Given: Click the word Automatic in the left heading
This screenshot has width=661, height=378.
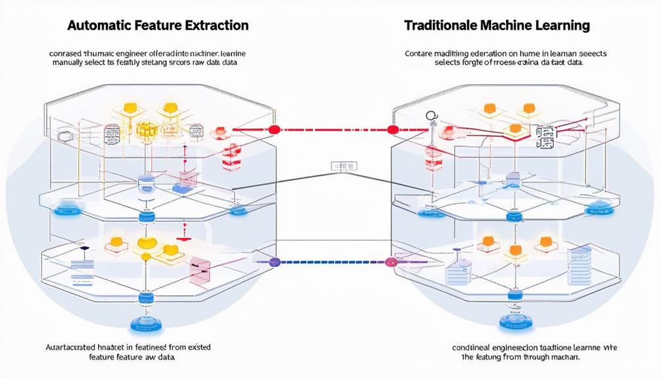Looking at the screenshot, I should tap(97, 26).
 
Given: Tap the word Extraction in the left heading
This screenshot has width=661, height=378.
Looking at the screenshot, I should tap(216, 26).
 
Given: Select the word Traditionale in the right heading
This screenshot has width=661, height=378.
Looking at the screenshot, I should tap(442, 26).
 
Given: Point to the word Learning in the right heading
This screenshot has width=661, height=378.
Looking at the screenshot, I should tap(560, 26).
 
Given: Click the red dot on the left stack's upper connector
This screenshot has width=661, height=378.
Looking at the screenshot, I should tap(275, 130).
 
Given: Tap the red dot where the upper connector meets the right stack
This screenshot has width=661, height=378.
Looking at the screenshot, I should tap(394, 130).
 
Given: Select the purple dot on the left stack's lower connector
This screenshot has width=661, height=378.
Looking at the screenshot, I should tap(275, 262).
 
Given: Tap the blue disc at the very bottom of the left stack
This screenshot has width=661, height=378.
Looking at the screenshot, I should tap(141, 324).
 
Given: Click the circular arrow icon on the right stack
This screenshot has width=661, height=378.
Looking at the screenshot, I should tap(432, 117).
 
